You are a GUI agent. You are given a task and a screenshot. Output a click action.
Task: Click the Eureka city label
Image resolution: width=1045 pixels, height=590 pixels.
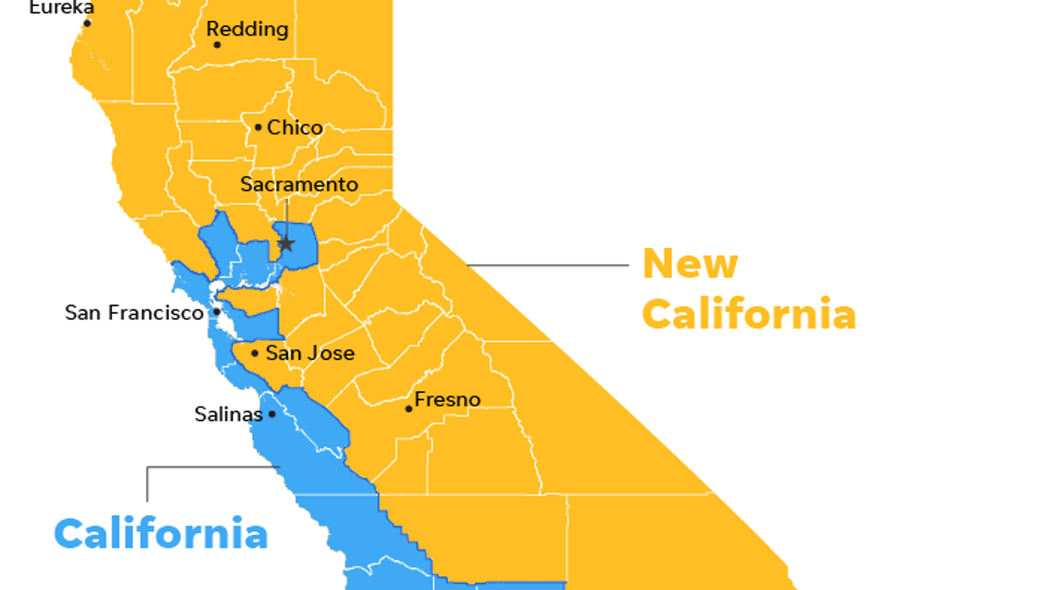[62, 7]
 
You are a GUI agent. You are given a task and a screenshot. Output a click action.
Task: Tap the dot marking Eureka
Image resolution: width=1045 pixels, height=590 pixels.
[87, 23]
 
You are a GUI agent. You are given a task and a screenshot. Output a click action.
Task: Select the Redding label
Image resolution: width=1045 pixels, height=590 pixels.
[247, 29]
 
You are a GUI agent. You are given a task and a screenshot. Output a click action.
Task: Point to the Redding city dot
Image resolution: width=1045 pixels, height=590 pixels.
[217, 45]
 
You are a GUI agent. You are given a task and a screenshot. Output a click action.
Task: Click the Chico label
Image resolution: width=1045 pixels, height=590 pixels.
[295, 127]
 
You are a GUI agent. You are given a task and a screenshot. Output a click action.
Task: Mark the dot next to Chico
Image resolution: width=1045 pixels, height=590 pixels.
[258, 127]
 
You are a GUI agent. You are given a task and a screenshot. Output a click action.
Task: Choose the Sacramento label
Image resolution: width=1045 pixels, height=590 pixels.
[299, 184]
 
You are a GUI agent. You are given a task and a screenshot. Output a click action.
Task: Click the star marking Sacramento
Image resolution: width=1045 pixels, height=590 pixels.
[286, 244]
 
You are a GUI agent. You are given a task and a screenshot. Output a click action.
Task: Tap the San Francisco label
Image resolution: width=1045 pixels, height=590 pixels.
[134, 312]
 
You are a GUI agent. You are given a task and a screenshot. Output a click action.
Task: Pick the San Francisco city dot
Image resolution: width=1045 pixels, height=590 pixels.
[217, 312]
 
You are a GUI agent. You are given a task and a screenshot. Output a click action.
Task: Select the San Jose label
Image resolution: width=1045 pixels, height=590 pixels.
[310, 353]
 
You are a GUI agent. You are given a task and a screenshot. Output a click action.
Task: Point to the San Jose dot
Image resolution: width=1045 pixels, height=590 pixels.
[255, 353]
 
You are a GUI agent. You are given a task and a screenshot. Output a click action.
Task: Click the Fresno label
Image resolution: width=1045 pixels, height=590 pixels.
[447, 400]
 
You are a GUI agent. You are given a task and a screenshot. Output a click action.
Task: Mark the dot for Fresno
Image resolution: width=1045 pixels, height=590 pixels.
[409, 409]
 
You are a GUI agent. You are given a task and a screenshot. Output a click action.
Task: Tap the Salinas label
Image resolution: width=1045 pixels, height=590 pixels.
[228, 414]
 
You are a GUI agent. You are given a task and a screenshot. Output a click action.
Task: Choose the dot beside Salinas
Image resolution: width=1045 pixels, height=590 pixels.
[272, 414]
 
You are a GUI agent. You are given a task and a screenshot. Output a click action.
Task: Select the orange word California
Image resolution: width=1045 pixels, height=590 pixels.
[749, 314]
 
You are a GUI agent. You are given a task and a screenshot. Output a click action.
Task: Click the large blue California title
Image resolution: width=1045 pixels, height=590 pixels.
[161, 533]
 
